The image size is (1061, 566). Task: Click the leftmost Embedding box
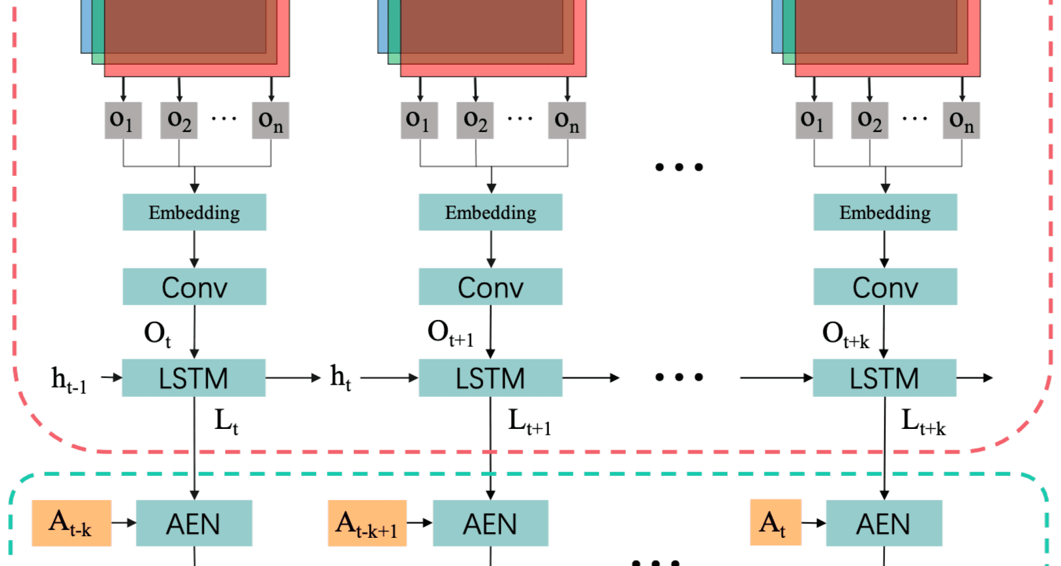pyautogui.click(x=195, y=212)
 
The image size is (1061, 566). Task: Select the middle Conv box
pyautogui.click(x=491, y=286)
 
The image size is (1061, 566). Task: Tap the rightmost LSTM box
pyautogui.click(x=885, y=378)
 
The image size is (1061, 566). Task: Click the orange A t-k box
pyautogui.click(x=72, y=523)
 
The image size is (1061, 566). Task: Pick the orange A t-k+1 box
pyautogui.click(x=367, y=523)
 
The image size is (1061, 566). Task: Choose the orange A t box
pyautogui.click(x=776, y=522)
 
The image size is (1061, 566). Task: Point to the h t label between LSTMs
pyautogui.click(x=340, y=378)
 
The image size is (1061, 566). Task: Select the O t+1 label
pyautogui.click(x=450, y=333)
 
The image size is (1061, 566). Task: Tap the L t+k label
pyautogui.click(x=923, y=422)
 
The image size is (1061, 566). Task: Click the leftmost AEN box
pyautogui.click(x=194, y=523)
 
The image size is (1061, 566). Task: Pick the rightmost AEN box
pyautogui.click(x=884, y=523)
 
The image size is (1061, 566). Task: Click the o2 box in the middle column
pyautogui.click(x=475, y=120)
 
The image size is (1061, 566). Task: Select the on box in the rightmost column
pyautogui.click(x=962, y=120)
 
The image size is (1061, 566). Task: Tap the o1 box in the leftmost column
pyautogui.click(x=123, y=120)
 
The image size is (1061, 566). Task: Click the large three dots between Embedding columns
pyautogui.click(x=679, y=167)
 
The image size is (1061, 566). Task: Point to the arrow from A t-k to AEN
pyautogui.click(x=124, y=523)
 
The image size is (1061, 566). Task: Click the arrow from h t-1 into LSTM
pyautogui.click(x=112, y=378)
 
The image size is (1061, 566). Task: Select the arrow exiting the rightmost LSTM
pyautogui.click(x=975, y=378)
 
